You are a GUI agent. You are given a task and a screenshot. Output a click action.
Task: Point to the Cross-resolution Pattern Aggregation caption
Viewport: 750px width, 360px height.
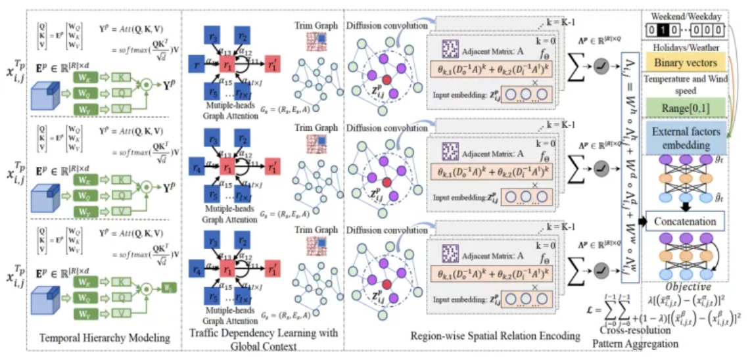(x=626, y=336)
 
